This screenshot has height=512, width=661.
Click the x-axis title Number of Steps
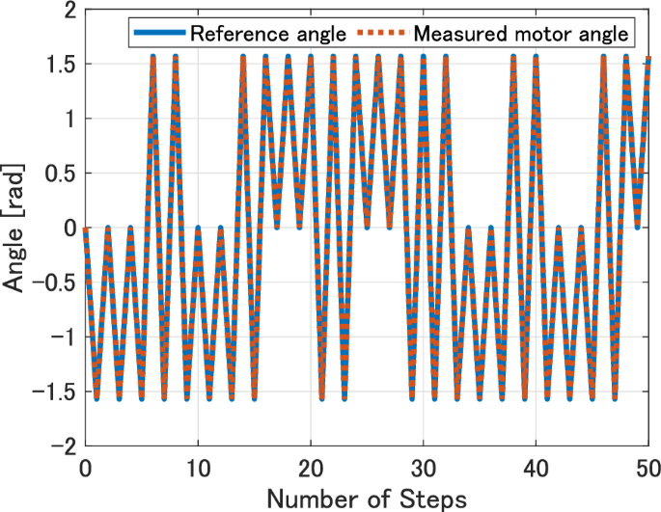[367, 498]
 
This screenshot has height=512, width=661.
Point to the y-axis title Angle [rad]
[17, 229]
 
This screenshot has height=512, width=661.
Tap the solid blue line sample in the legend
[157, 33]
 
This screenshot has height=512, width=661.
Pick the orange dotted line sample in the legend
[382, 33]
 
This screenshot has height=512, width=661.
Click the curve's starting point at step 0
[86, 229]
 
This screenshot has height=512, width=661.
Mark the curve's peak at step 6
[153, 57]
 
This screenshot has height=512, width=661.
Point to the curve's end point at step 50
[648, 57]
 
